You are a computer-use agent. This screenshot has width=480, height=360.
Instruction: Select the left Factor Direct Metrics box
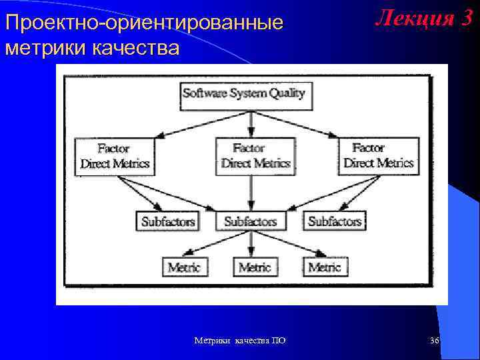click(115, 156)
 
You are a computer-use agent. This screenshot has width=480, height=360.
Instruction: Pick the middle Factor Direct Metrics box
click(255, 156)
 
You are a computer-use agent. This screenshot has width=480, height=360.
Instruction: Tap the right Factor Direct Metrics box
click(379, 156)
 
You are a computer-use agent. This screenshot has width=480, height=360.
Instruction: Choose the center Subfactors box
click(251, 221)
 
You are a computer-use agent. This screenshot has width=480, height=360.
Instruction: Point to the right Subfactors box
click(334, 221)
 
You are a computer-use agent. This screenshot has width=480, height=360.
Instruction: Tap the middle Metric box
click(255, 267)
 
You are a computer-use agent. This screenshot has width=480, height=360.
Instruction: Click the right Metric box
click(325, 267)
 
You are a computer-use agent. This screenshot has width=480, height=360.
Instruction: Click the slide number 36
click(435, 341)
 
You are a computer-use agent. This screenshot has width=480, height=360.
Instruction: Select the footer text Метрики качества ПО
click(240, 341)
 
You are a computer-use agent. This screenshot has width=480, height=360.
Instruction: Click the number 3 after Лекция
click(465, 19)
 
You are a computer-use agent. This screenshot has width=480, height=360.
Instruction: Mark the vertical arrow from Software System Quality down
click(251, 123)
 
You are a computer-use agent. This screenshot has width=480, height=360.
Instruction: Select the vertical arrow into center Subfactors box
click(251, 193)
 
